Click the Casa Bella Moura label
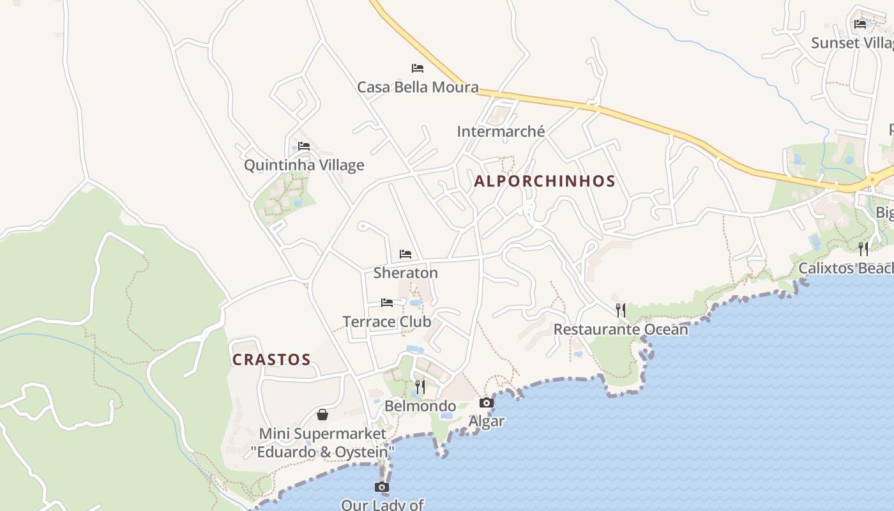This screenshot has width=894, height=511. coord(418,87)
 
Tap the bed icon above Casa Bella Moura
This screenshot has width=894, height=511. coord(418,68)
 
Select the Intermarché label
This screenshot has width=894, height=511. coord(501,132)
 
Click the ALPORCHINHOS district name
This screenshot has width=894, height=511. coord(545,181)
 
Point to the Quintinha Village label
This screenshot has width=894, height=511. coord(304,165)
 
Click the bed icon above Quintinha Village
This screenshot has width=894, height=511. coord(304,146)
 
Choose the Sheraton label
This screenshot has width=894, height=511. coord(405,273)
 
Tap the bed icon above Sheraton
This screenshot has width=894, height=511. coord(405,254)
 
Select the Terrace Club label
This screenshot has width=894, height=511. coord(387,321)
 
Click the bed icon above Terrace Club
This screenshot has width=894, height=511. coord(387,303)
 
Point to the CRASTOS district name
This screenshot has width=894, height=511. coord(271,360)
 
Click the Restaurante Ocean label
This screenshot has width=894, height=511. coord(621,330)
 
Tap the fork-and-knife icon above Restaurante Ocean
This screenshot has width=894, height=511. coord(620,310)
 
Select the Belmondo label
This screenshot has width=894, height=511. coord(420,406)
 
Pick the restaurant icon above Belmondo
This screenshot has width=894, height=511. coord(420,386)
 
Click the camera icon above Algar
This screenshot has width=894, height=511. coord(487,402)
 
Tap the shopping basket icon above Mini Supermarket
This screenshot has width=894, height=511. coord(322,415)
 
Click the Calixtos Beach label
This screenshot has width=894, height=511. coord(845,268)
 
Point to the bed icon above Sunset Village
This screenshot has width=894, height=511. coord(860,24)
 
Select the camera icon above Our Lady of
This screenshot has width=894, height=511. coord(382,487)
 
